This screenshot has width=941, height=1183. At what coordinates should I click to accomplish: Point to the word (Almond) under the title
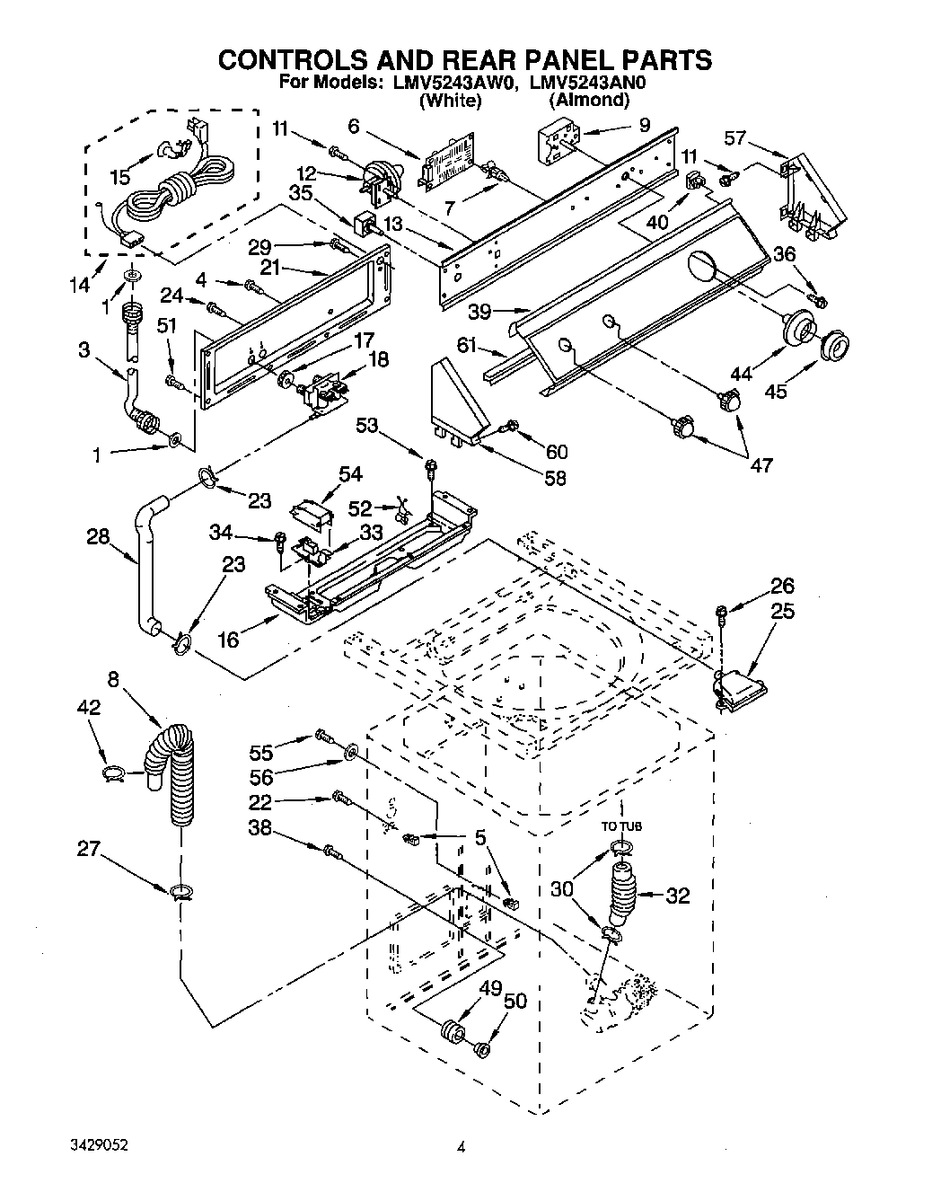click(x=588, y=100)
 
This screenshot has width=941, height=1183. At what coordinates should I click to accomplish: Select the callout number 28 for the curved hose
click(x=98, y=537)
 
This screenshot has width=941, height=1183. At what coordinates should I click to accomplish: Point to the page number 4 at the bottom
click(x=462, y=1146)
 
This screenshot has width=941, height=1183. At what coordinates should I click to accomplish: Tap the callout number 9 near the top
click(x=643, y=127)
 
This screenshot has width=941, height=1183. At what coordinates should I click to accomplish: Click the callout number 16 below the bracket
click(x=229, y=639)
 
